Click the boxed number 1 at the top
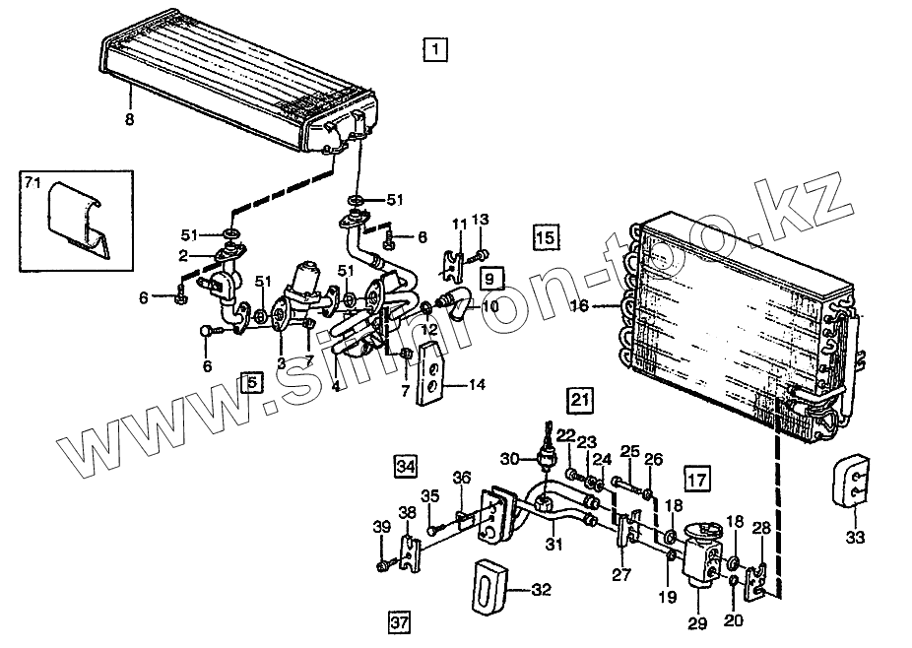(434, 48)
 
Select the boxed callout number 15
(546, 236)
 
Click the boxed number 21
(580, 400)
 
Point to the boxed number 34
(406, 463)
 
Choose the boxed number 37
(398, 621)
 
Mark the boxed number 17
(696, 482)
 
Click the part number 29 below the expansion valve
(697, 622)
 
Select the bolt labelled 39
(382, 565)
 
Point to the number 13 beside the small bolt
(481, 220)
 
